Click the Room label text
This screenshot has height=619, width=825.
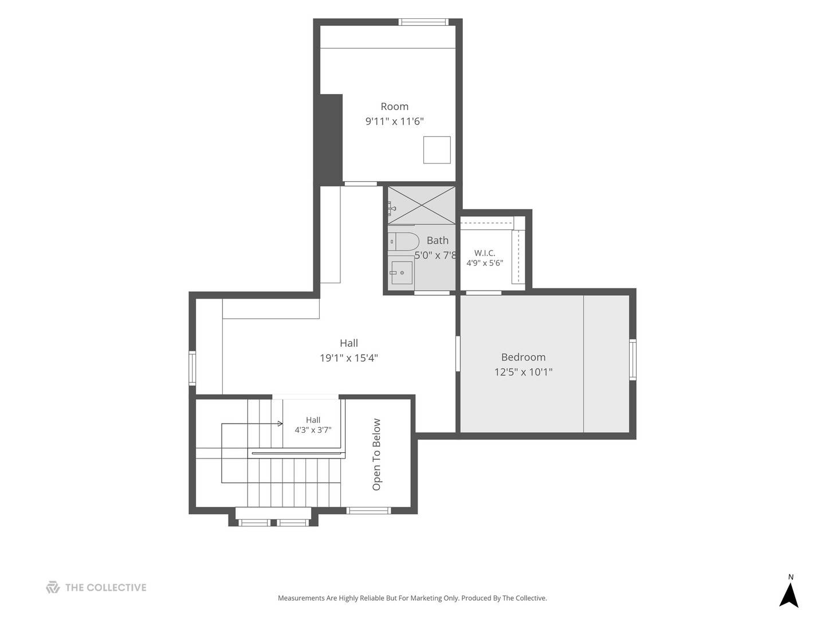click(394, 107)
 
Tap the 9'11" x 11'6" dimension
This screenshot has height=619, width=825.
click(394, 122)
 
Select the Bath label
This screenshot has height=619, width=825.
click(438, 240)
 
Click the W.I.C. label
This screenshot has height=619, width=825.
click(485, 253)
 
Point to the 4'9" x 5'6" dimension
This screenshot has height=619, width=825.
click(485, 263)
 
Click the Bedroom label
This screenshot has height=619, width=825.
click(523, 357)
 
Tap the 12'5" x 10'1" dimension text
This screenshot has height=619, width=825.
click(523, 372)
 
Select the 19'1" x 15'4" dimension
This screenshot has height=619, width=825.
click(348, 358)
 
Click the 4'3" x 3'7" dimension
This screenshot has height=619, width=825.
click(313, 430)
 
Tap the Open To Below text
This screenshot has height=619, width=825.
click(376, 455)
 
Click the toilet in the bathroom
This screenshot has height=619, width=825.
click(403, 241)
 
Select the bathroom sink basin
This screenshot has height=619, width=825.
click(402, 272)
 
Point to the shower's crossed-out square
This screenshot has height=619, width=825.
click(421, 205)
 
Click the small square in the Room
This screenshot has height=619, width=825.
click(437, 150)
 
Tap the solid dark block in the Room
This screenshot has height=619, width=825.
click(328, 139)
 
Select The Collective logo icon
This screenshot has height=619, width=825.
click(53, 587)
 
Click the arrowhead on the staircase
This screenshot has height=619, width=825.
click(280, 424)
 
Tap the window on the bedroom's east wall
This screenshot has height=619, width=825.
click(633, 360)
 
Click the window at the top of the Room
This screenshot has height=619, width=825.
click(423, 22)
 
